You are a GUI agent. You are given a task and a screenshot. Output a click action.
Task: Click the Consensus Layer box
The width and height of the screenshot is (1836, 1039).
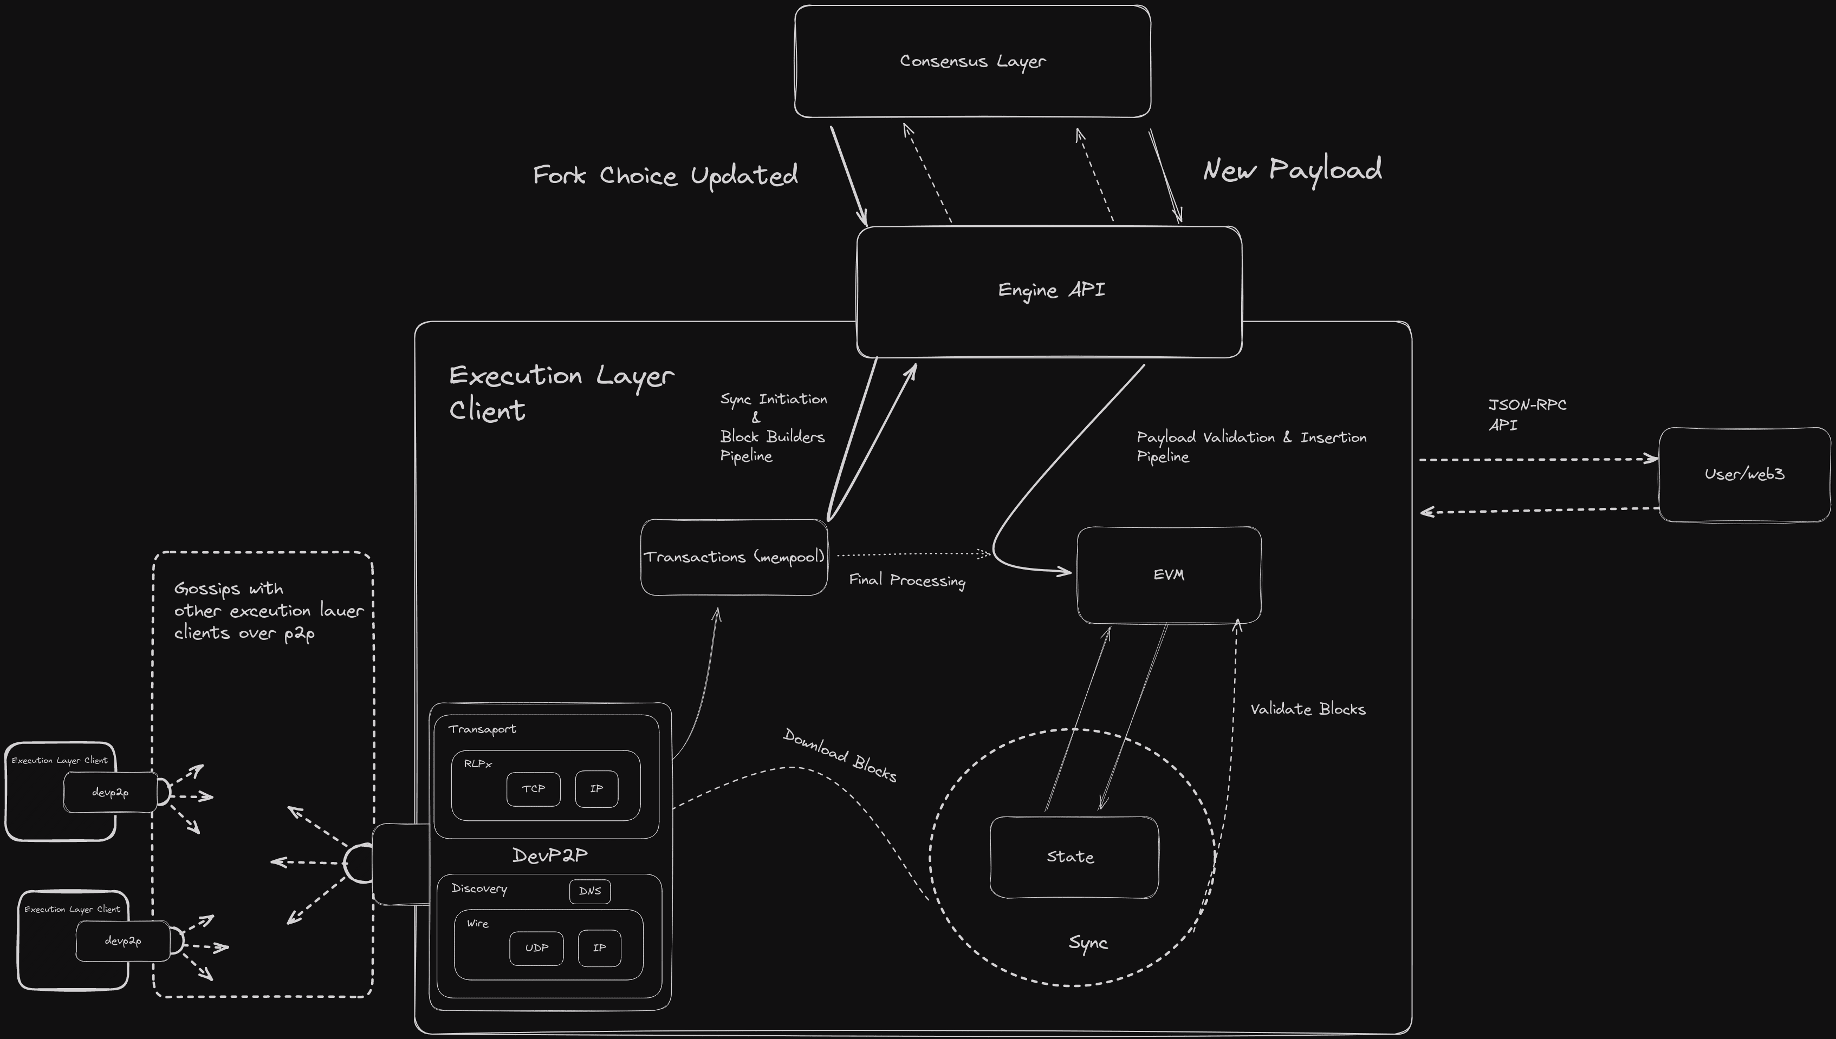(972, 61)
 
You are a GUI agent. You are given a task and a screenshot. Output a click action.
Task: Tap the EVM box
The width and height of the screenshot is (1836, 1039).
(1169, 575)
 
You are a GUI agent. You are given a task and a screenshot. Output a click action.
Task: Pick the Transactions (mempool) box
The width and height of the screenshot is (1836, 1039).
(734, 557)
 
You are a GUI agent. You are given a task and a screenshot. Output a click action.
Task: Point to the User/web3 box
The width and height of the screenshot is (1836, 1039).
(1744, 474)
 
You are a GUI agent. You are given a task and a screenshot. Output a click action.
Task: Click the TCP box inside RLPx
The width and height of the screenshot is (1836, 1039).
(533, 789)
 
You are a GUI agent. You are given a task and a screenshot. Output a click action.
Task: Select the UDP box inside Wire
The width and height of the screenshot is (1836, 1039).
(536, 949)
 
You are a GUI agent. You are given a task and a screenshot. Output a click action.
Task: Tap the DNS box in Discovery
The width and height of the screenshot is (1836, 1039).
(589, 891)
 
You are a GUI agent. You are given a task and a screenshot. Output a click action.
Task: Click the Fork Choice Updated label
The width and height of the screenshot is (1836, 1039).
(665, 175)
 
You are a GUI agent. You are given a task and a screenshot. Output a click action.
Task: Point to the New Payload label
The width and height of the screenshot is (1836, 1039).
(1292, 170)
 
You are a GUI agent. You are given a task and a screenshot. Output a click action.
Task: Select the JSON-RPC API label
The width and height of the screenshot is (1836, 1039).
(1526, 415)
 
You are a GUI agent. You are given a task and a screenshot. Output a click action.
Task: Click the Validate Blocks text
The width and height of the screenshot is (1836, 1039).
(1308, 709)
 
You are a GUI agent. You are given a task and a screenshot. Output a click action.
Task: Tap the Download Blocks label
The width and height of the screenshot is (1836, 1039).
(840, 755)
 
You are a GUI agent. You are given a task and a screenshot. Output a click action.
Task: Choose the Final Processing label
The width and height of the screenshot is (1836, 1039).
(906, 580)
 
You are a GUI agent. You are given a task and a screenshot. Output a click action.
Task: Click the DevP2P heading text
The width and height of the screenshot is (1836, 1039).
(550, 855)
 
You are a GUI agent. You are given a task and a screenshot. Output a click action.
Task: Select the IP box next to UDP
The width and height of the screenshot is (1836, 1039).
(599, 949)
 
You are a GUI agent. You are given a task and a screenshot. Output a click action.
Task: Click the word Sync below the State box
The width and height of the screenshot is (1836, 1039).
(1088, 943)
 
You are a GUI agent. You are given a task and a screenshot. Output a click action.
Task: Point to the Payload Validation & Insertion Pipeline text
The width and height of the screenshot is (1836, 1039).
(1251, 446)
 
